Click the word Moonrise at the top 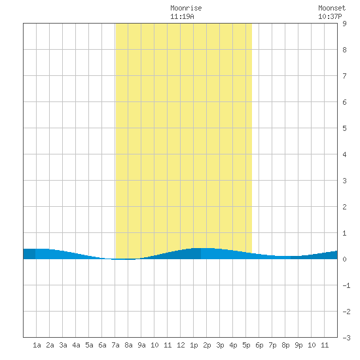(x=186, y=8)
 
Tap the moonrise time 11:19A (x=182, y=16)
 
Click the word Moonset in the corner (x=332, y=8)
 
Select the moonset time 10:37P (x=330, y=16)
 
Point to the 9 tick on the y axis (x=344, y=24)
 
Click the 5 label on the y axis (x=344, y=128)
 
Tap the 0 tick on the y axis (x=344, y=259)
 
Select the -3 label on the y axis (x=346, y=338)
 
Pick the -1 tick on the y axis (x=346, y=285)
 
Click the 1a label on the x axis (x=37, y=345)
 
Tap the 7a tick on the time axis (x=115, y=345)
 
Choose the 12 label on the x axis (x=181, y=345)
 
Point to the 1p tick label (x=194, y=345)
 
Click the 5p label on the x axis (x=246, y=345)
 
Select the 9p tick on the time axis (x=298, y=345)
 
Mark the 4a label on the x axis (x=76, y=345)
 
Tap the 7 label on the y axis (x=344, y=76)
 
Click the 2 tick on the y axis (x=344, y=207)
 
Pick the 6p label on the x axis (x=259, y=345)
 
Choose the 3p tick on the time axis (x=220, y=345)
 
